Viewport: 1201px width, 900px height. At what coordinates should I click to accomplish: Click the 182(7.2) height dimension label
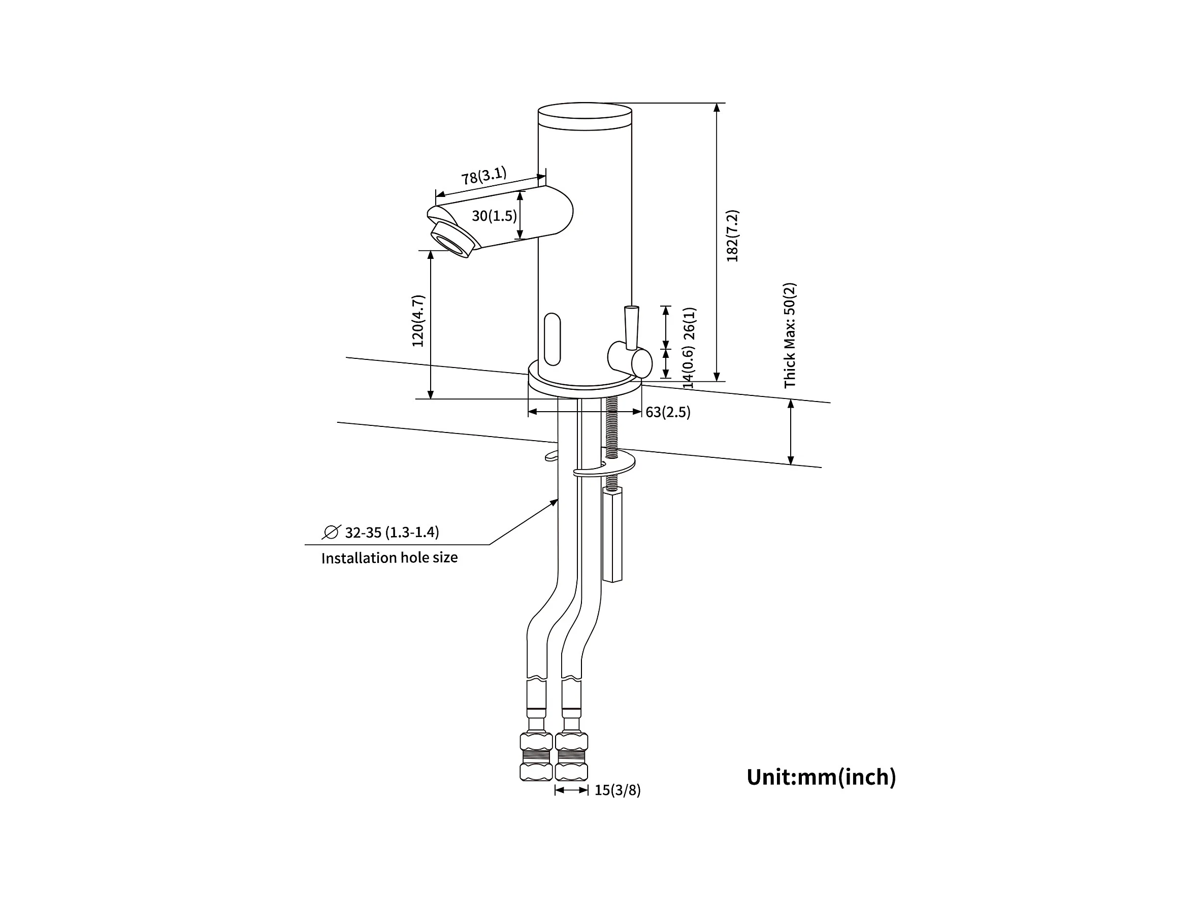(732, 236)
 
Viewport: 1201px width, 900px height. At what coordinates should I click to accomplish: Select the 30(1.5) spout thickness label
(494, 216)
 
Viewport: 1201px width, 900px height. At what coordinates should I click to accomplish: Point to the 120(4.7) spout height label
(418, 321)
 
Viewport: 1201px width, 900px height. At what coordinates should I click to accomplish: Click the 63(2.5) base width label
(668, 412)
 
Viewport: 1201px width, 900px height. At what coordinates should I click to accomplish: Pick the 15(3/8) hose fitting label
(618, 790)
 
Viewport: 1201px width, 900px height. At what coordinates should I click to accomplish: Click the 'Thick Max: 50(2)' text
(790, 336)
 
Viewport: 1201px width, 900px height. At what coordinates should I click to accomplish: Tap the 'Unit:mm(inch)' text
(821, 777)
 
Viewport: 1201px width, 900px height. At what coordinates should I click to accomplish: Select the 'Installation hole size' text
(389, 558)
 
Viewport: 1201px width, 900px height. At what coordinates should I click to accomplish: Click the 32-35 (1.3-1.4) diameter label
(392, 532)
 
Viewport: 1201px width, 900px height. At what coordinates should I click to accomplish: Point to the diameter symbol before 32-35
(331, 532)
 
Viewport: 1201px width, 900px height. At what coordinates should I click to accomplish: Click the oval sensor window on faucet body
(552, 339)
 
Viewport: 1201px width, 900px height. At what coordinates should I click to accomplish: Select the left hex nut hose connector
(536, 756)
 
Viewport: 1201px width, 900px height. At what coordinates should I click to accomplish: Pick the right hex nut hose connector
(571, 756)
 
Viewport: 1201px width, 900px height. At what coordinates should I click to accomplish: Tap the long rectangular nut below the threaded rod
(612, 535)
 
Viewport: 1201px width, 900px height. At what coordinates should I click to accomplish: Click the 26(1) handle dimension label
(689, 323)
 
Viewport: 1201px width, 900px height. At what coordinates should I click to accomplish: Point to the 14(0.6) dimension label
(688, 369)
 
